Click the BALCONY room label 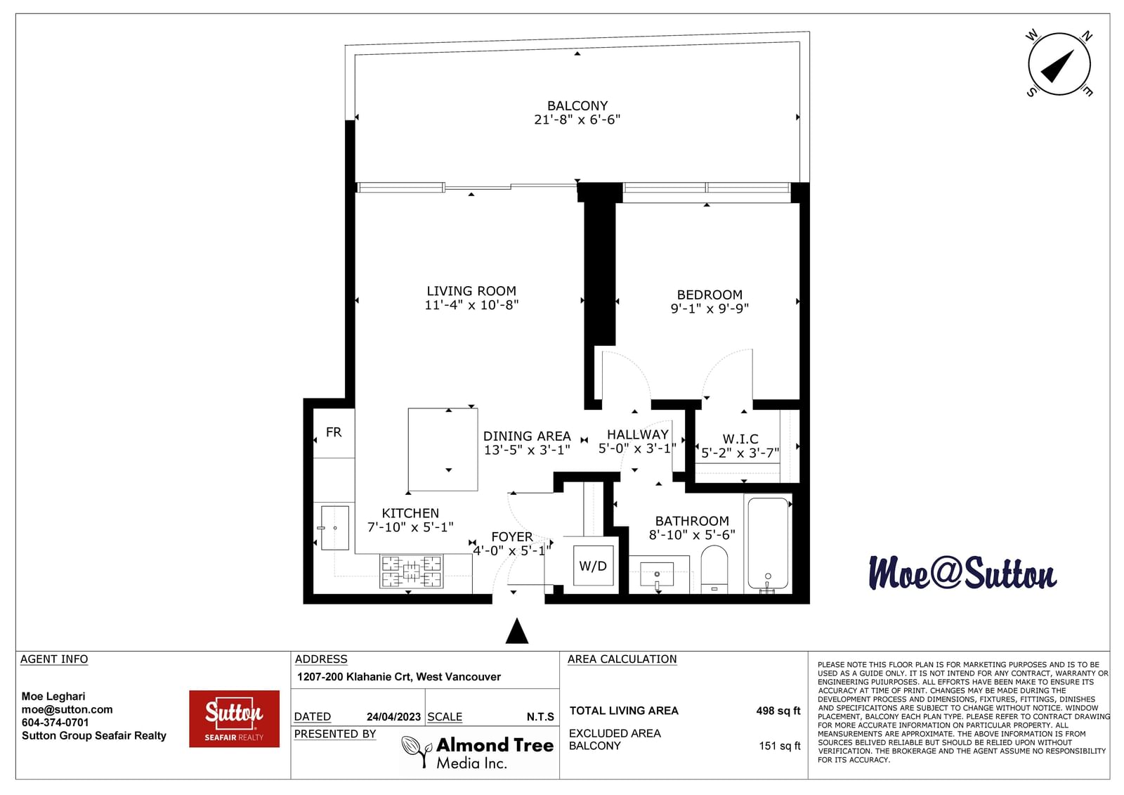[577, 105]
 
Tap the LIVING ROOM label [471, 291]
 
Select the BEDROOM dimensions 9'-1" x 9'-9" [710, 309]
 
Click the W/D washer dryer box [593, 565]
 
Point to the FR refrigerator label [334, 432]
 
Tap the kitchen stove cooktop [412, 571]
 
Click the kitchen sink [334, 527]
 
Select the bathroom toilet [714, 569]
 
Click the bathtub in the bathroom [768, 543]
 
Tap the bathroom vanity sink [657, 574]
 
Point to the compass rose [1059, 64]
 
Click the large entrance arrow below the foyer [517, 631]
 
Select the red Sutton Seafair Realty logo [235, 718]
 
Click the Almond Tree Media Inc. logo [478, 752]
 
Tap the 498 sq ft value [778, 711]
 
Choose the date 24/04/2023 [393, 717]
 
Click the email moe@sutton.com [67, 710]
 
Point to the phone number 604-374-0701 [55, 723]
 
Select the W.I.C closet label [740, 439]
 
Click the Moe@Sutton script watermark [962, 573]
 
